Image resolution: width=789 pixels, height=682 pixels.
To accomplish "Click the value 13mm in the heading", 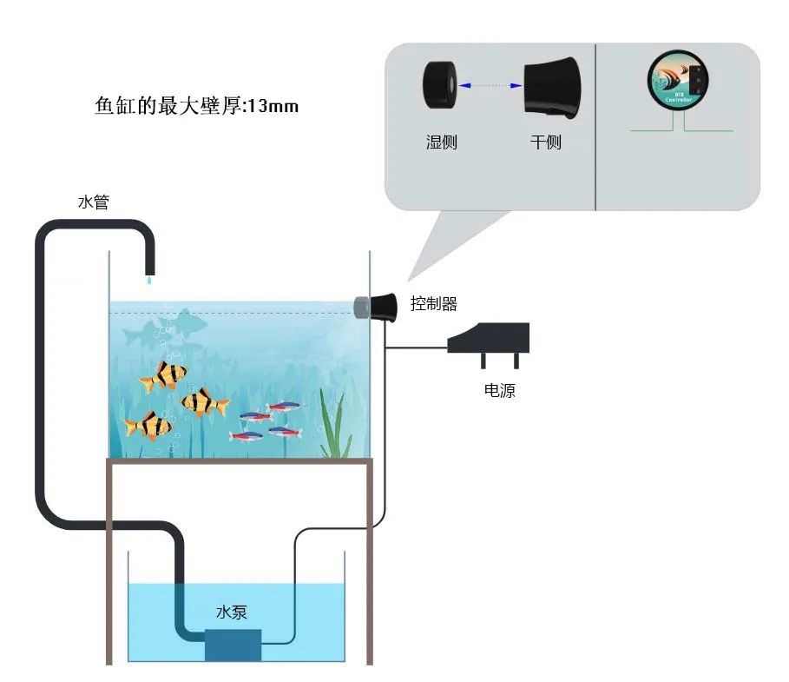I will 273,106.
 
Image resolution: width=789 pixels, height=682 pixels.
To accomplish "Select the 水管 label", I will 93,203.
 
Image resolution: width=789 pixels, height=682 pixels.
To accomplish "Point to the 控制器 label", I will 433,304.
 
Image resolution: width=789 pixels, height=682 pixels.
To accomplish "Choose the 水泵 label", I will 232,612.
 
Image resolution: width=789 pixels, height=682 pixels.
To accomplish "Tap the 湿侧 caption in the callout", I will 441,142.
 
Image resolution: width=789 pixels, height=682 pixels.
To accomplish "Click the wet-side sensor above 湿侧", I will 440,85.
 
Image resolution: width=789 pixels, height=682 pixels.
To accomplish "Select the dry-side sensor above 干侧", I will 549,86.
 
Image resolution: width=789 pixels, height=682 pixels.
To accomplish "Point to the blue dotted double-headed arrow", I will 490,85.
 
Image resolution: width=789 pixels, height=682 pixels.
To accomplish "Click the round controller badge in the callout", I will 679,84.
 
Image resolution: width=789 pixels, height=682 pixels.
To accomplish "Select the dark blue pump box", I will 233,644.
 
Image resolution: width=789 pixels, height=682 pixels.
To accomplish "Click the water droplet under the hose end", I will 149,279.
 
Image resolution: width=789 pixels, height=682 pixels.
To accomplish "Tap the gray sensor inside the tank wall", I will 361,306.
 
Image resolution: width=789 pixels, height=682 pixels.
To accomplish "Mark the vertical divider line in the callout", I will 595,127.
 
